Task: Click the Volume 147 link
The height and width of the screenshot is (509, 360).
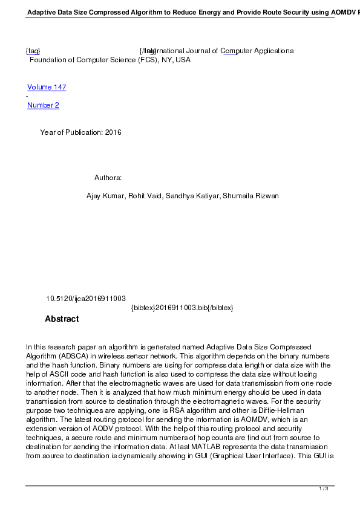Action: pos(47,87)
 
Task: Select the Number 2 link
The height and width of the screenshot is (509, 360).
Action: pos(43,105)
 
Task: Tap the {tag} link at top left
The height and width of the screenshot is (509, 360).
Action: pos(33,51)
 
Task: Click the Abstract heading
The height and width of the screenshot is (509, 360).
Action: pos(62,319)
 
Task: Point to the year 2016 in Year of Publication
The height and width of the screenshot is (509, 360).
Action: pos(113,132)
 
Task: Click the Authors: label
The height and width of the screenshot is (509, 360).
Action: pos(108,178)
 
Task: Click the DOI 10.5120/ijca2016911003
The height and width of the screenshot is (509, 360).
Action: pos(86,299)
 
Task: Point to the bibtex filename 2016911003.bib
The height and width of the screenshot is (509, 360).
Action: pos(182,308)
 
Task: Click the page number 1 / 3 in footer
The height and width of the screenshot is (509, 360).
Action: pos(324,488)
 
